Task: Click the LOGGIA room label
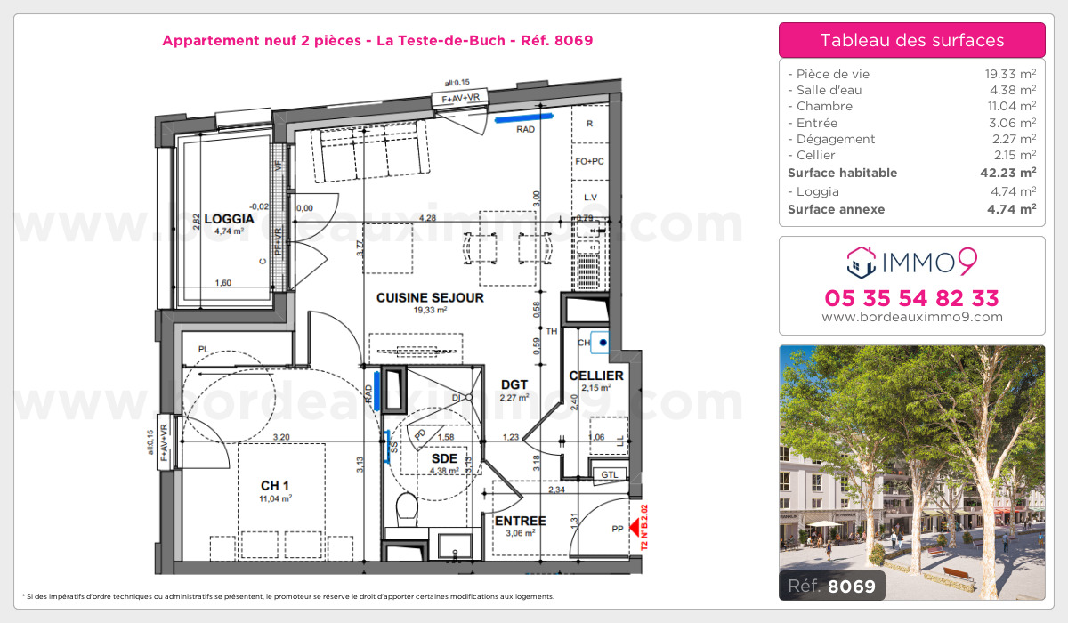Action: pos(229,218)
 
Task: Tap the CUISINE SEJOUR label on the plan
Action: pos(430,297)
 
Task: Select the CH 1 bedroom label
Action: pos(274,485)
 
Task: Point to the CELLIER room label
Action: pos(595,376)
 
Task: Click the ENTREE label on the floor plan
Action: pos(520,521)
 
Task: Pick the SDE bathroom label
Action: pos(443,458)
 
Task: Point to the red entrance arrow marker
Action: pos(635,528)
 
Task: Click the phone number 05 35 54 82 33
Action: pos(911,297)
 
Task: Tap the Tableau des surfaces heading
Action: pos(911,40)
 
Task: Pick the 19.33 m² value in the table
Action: pos(1005,74)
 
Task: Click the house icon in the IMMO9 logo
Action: pos(860,261)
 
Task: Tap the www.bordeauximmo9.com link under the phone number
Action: pos(911,317)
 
